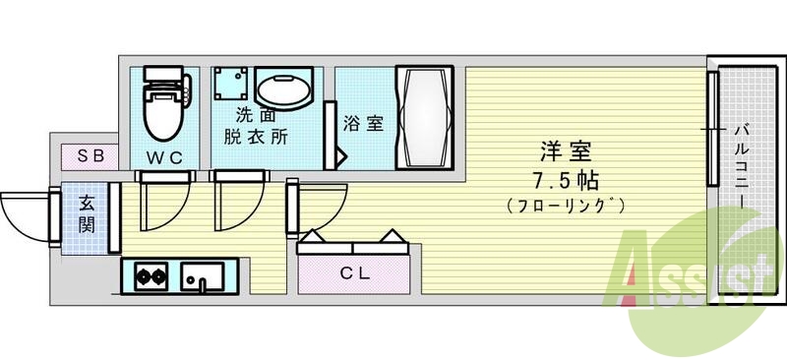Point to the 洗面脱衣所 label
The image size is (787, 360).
254,126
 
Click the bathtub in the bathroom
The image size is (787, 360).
424,117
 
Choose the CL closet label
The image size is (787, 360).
355,273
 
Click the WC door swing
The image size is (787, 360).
157,202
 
